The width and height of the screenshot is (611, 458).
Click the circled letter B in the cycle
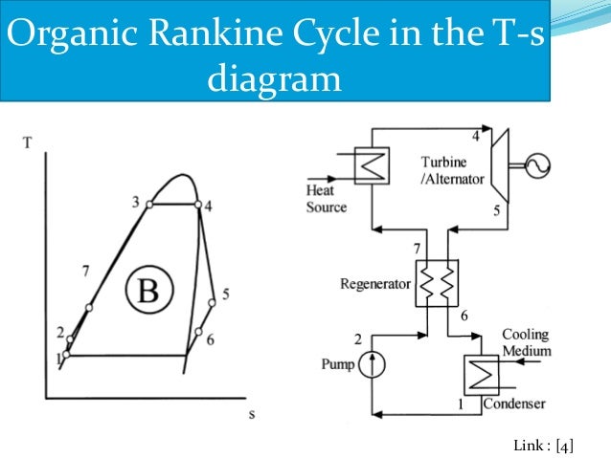point(149,290)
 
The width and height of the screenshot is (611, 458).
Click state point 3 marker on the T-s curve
point(149,205)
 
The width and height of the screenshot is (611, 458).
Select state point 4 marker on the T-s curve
point(197,205)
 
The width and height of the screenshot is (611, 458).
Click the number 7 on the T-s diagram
point(86,272)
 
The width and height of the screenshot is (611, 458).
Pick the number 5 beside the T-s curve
point(225,294)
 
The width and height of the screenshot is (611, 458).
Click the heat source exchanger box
point(369,166)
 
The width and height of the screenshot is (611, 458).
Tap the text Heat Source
point(327,199)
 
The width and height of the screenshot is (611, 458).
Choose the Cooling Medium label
point(527,342)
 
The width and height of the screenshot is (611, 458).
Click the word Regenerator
point(374,284)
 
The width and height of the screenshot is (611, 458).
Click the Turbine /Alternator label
point(451,169)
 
